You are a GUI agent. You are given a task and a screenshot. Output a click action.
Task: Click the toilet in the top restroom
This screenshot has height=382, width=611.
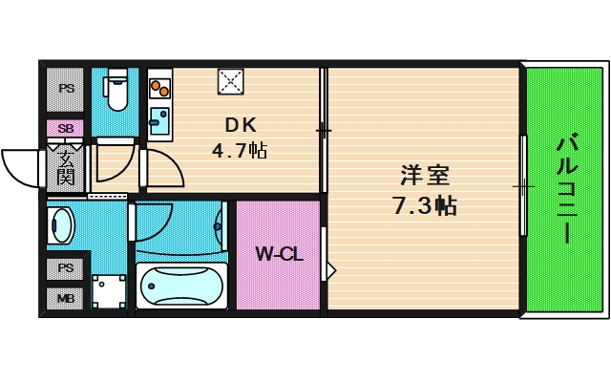coord(116,89)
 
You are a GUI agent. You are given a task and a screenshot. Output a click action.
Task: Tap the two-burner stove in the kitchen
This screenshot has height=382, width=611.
coord(159,88)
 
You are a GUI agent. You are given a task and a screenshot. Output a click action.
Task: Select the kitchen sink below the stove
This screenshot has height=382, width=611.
coord(159,120)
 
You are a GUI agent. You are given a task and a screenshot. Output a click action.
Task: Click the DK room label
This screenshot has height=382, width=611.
coord(242,125)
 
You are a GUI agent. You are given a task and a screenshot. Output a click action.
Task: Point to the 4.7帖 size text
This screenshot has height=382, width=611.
coord(240,150)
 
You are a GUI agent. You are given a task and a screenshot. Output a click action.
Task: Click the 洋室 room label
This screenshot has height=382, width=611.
coord(425,175)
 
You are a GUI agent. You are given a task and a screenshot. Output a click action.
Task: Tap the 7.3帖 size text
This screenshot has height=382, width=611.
coord(425,205)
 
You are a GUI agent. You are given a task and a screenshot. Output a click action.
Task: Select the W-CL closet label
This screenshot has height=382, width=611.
coord(279,255)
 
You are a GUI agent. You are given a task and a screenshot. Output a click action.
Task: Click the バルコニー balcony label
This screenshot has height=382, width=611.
coord(567,189)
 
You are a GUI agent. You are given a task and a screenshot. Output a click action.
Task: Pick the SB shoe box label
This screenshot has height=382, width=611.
coord(66,128)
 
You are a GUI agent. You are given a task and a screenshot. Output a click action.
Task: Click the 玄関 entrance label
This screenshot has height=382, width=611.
coord(66,168)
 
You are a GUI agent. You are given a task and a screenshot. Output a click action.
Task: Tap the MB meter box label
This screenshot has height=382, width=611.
coord(66,299)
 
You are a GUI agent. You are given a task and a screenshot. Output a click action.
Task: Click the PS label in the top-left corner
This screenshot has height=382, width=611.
coord(66,89)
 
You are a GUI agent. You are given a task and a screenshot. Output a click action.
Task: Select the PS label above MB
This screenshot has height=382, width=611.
coord(66,267)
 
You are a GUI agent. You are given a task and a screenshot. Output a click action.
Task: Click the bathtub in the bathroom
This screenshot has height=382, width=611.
coord(181,286)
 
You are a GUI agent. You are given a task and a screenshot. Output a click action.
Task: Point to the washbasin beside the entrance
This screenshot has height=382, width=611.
coord(60,225)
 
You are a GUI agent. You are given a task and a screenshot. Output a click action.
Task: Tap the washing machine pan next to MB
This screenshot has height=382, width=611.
coord(109,292)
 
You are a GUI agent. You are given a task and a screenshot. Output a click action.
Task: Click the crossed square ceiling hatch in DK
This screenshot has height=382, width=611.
coord(231,81)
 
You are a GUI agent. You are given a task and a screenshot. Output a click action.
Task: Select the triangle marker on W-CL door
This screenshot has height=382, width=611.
coord(331,270)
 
